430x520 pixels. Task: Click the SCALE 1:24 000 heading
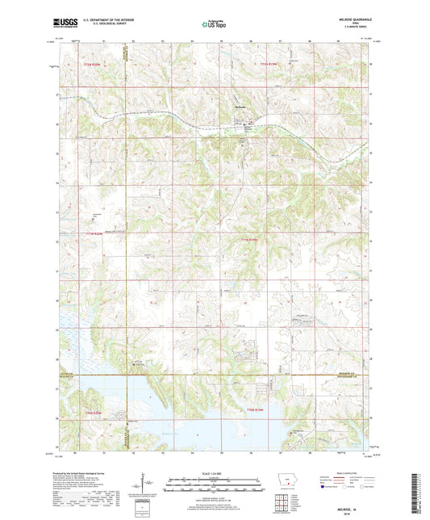pyautogui.click(x=215, y=472)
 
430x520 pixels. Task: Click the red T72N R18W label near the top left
pyautogui.click(x=94, y=64)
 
